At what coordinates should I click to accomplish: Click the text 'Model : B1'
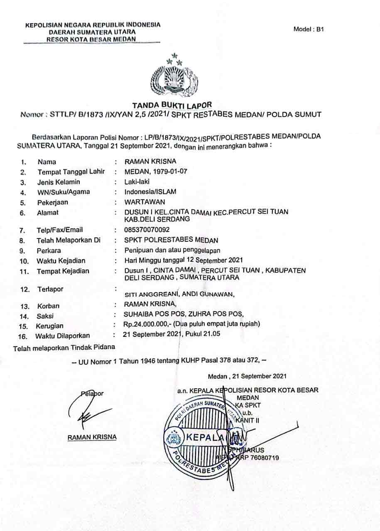(308, 29)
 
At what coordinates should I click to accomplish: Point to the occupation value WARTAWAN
(145, 202)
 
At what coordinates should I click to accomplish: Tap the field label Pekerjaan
(53, 202)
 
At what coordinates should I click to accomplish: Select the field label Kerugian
(50, 326)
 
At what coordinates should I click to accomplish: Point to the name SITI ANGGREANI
(152, 295)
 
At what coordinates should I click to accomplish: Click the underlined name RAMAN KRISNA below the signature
(92, 437)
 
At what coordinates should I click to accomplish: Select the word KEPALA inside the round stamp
(206, 437)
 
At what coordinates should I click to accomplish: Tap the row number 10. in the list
(24, 261)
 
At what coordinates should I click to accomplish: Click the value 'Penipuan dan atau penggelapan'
(172, 250)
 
